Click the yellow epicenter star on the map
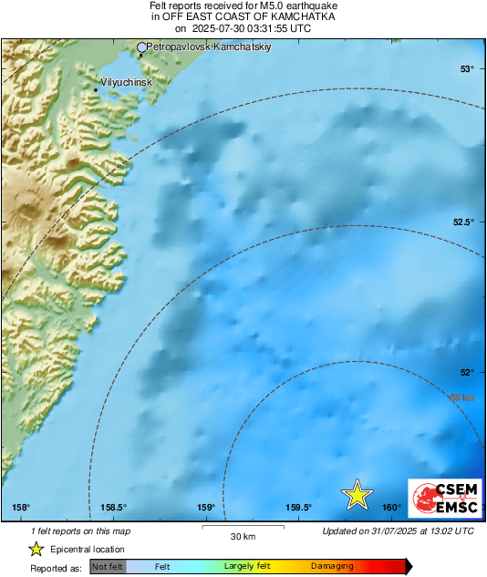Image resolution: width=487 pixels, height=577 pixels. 357,494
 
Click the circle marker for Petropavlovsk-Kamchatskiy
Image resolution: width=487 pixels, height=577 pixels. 141,46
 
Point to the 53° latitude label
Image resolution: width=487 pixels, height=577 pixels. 467,69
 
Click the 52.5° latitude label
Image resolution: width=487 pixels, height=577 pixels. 464,222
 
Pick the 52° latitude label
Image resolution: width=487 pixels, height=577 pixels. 467,372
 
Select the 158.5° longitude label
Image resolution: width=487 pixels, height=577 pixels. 113,508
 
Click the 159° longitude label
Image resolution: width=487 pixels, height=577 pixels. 205,508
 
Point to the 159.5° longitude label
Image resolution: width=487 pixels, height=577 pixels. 299,508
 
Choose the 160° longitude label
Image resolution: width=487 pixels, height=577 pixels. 392,508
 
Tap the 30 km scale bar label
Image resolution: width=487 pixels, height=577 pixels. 242,535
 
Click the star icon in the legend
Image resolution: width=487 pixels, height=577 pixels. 36,549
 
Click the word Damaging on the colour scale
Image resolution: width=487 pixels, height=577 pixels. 332,567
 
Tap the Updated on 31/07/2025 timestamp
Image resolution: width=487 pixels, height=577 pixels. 398,531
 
